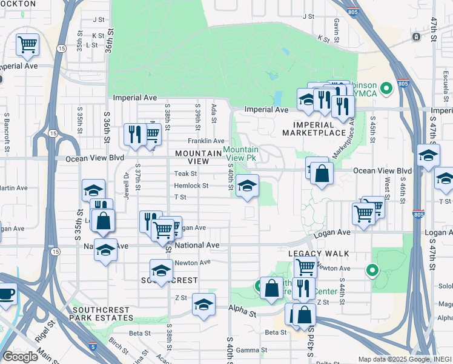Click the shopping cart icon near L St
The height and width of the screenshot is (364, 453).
(27, 44)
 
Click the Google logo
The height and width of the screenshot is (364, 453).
(20, 356)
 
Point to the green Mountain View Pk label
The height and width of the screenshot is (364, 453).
(240, 153)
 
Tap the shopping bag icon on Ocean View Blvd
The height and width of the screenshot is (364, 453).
(322, 174)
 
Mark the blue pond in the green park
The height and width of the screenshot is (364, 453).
(277, 98)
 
